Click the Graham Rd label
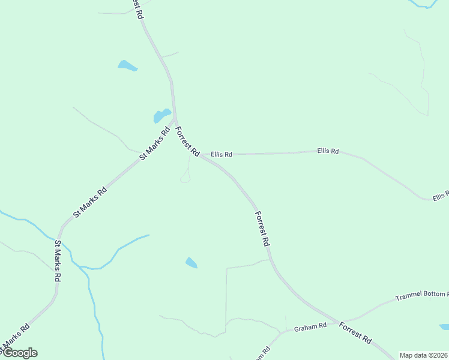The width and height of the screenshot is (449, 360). pos(310,328)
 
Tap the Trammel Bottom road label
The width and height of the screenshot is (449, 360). pos(422,296)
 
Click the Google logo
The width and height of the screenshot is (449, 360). pos(19,353)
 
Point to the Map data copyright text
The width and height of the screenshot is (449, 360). pos(424,355)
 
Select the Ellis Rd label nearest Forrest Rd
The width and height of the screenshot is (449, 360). pos(221,154)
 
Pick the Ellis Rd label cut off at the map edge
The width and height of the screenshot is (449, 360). pos(440,196)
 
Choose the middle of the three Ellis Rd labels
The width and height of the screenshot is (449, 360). pos(328,151)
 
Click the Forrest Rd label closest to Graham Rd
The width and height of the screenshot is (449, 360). pos(355,333)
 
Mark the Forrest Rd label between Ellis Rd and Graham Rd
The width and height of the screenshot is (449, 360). pos(262,229)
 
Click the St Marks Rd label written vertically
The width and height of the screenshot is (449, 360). pos(58,262)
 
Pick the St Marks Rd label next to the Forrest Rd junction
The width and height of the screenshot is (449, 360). pos(155,143)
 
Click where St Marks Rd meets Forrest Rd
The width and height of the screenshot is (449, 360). pos(175,118)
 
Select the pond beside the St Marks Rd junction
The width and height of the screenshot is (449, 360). pos(162,115)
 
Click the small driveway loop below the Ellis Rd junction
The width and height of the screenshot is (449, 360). pos(185,178)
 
